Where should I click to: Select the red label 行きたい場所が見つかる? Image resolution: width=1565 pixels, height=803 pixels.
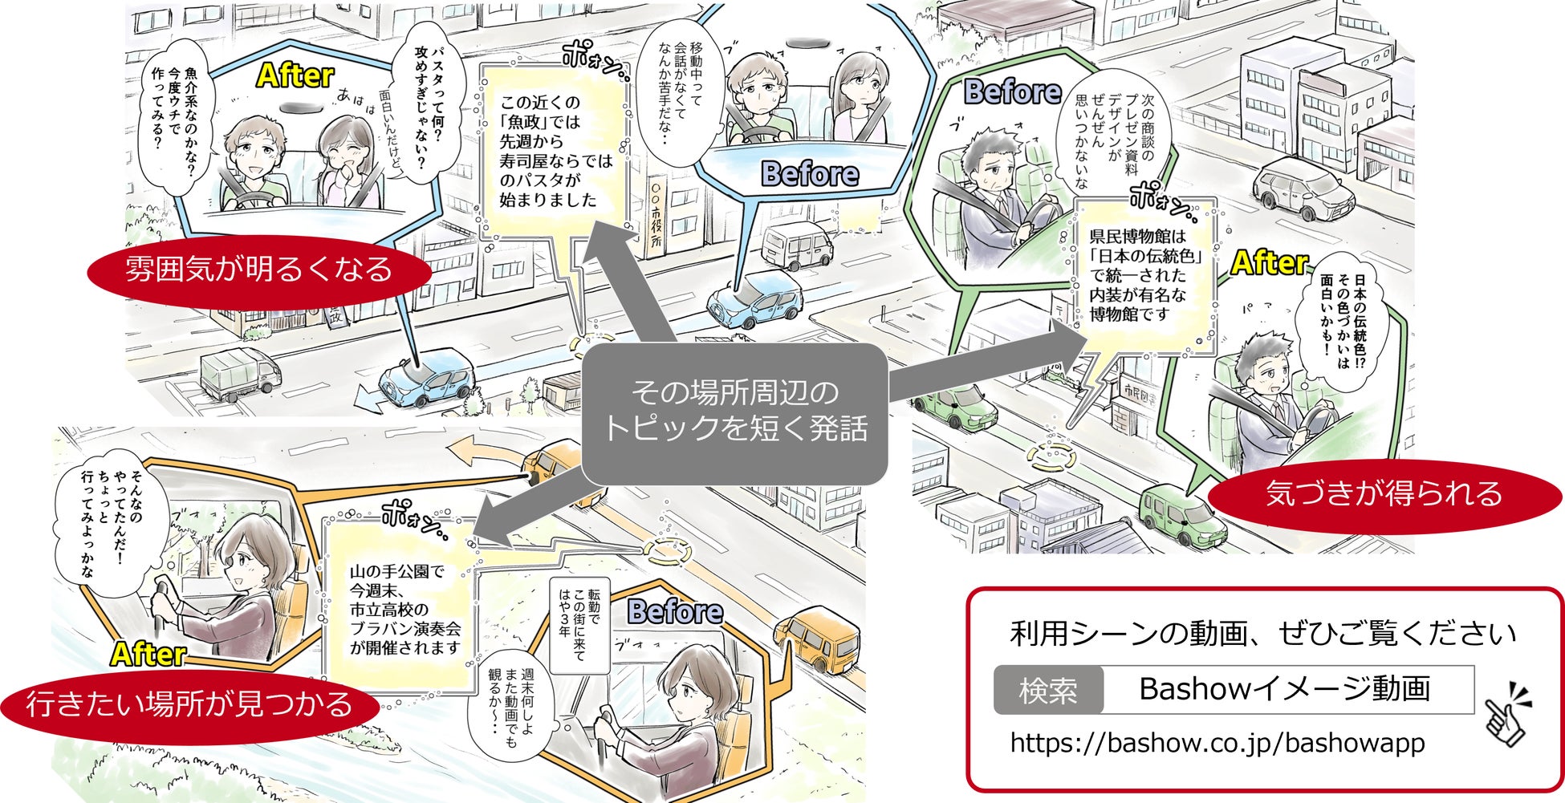(189, 705)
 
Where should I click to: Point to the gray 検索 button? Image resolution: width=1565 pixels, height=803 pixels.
(1047, 690)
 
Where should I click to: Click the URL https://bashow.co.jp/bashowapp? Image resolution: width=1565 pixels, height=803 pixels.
(1217, 743)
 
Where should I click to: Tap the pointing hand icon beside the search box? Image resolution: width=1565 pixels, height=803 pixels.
(1506, 713)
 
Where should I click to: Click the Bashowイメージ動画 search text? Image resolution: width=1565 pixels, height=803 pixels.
(1285, 689)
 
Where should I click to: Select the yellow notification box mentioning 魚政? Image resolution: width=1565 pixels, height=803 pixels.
(553, 152)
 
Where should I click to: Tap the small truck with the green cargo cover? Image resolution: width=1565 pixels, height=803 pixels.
(239, 375)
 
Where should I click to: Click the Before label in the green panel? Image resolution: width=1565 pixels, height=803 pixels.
(1012, 92)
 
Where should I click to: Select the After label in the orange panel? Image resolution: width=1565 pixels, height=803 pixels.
(148, 654)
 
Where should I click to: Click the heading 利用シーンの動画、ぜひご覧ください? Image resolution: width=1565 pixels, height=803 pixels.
(1262, 635)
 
